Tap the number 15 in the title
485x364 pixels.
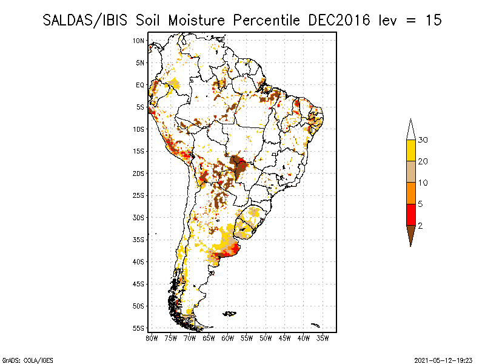[433, 20]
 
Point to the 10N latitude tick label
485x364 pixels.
[139, 41]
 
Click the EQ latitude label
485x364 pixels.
[139, 85]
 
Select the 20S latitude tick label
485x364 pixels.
[139, 174]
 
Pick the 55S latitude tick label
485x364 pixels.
[139, 328]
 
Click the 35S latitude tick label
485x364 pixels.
[139, 240]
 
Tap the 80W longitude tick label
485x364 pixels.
[152, 337]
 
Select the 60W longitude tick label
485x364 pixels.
[228, 337]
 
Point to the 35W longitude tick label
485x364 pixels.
[323, 337]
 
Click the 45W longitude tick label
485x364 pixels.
[285, 337]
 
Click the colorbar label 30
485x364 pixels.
[423, 140]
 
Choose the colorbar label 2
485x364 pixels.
[420, 226]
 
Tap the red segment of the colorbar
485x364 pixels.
[410, 215]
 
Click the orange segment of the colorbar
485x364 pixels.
[410, 194]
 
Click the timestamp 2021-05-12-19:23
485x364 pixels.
[443, 359]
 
